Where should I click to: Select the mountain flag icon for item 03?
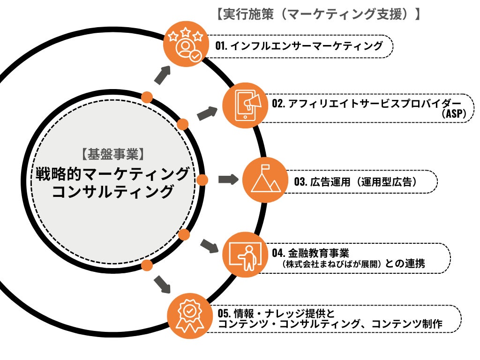coord(264,180)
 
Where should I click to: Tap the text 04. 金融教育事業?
coord(310,253)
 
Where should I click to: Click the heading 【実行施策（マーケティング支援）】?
coord(317,14)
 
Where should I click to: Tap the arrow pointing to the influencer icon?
coord(162,75)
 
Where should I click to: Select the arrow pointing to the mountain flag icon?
coord(228,180)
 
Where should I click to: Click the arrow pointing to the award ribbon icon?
coord(162,284)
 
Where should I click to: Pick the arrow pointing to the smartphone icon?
coord(207,113)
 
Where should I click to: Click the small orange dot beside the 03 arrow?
coord(202,180)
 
